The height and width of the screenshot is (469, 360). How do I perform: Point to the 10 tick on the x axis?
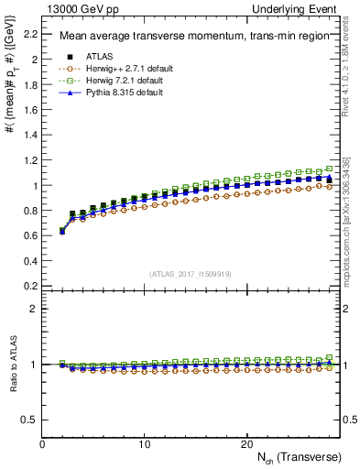coord(144,444)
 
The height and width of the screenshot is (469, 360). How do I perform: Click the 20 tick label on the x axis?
coord(245,444)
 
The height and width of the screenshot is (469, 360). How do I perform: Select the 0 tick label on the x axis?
coord(42,444)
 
